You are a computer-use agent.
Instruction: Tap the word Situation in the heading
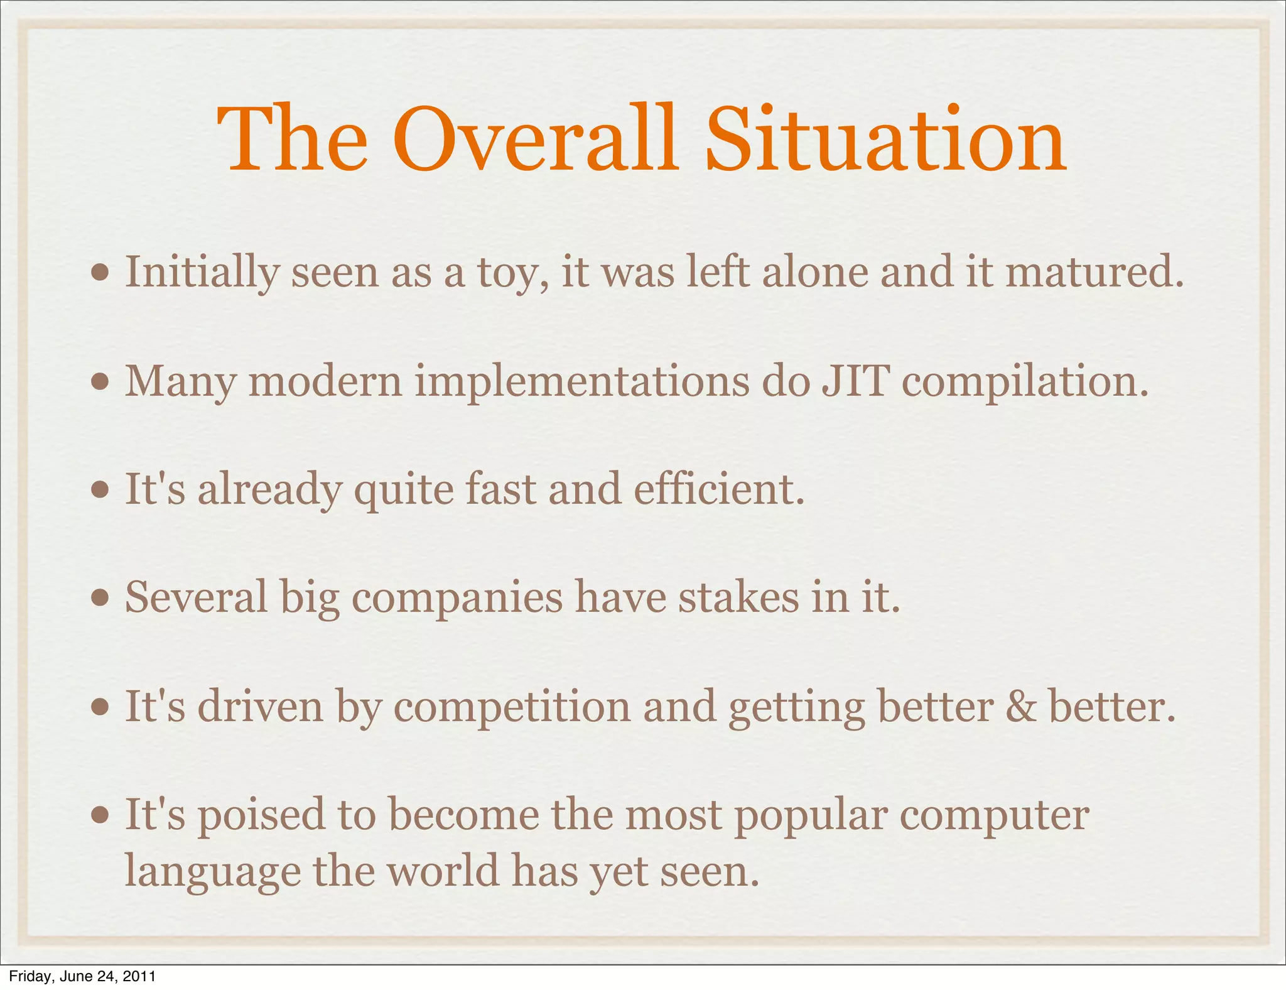pyautogui.click(x=885, y=139)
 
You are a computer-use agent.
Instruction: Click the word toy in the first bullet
pyautogui.click(x=512, y=274)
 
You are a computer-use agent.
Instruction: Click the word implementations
pyautogui.click(x=581, y=383)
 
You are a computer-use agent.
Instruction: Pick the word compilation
pyautogui.click(x=1025, y=383)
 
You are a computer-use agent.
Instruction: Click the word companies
pyautogui.click(x=457, y=599)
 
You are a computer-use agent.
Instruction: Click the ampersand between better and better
pyautogui.click(x=1021, y=707)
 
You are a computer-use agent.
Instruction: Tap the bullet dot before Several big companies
pyautogui.click(x=99, y=599)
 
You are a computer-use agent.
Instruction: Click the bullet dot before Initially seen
pyautogui.click(x=99, y=273)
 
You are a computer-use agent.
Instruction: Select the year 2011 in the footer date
pyautogui.click(x=139, y=976)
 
